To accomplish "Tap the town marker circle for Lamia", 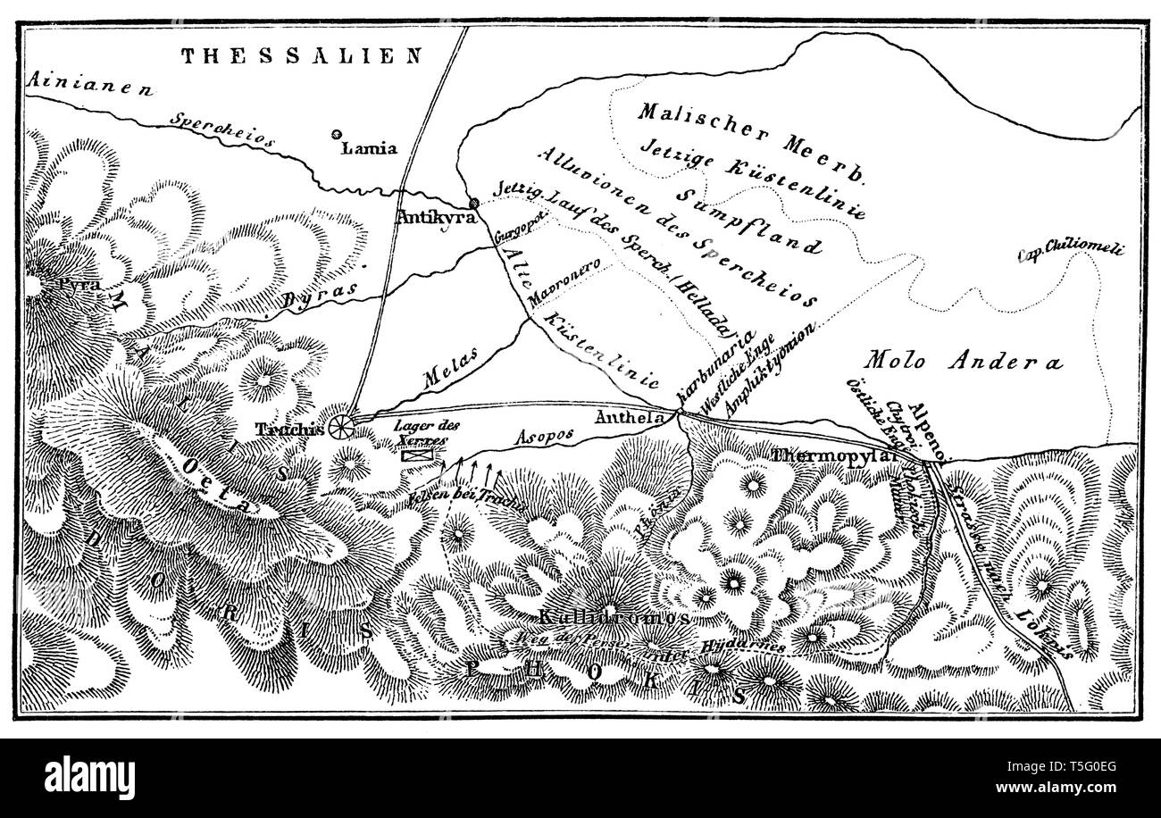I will tap(337, 135).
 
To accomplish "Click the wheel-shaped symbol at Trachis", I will tap(340, 428).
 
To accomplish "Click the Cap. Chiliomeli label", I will tap(1070, 250).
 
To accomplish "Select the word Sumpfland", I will tap(747, 219).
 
